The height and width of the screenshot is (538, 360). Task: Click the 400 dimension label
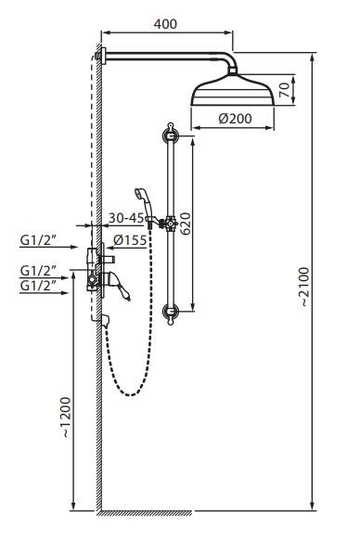pyautogui.click(x=165, y=24)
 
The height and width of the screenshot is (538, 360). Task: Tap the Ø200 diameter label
pyautogui.click(x=235, y=119)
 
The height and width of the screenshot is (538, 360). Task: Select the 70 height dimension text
pyautogui.click(x=285, y=90)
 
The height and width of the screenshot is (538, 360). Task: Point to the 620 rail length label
pyautogui.click(x=186, y=224)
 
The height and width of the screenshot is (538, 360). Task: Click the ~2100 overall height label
pyautogui.click(x=305, y=287)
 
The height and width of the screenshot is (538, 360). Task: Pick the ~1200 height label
pyautogui.click(x=65, y=416)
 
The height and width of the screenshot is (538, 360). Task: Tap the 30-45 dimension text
pyautogui.click(x=126, y=218)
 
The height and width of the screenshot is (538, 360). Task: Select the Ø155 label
pyautogui.click(x=130, y=240)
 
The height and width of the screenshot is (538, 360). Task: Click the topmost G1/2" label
pyautogui.click(x=38, y=240)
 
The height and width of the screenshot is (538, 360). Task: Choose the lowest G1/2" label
pyautogui.click(x=38, y=286)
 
